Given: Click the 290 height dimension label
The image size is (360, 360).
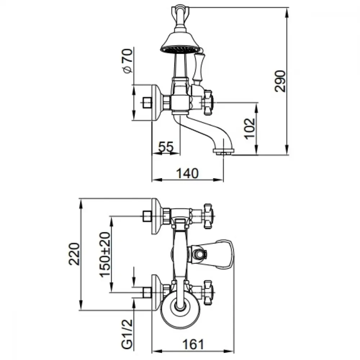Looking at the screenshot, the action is point(280,81).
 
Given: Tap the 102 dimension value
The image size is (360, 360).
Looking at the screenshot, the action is point(249,129).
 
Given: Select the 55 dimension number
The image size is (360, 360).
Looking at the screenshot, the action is point(166,147).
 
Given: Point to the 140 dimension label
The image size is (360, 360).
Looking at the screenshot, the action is point(187,174).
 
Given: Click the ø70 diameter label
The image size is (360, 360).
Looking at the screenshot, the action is point(128,61).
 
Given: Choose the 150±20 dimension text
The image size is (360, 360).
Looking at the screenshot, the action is point(105,255).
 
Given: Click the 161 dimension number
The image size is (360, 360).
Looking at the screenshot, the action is point(193,345).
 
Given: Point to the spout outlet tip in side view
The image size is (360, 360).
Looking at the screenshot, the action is point(224,151).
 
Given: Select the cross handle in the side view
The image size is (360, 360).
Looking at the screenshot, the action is point(208,102).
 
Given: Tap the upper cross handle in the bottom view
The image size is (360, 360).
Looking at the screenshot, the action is point(208,216).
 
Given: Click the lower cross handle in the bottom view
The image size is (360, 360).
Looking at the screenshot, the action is point(208,292).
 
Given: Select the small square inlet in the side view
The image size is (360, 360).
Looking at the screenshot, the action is point(147,102).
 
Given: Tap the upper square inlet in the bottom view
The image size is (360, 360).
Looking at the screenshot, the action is point(147,216).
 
